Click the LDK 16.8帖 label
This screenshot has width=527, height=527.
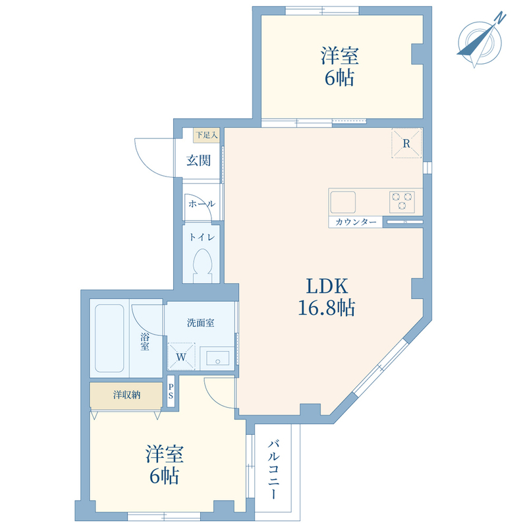(327, 297)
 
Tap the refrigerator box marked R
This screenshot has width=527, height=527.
(406, 143)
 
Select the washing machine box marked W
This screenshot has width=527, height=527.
(181, 356)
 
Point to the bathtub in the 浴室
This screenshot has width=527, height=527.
(109, 338)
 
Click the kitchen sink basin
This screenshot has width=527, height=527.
(343, 202)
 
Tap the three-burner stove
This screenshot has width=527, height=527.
(402, 202)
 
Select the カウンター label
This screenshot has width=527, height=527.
(356, 222)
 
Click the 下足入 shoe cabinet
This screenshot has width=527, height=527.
(206, 135)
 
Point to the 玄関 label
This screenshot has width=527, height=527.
(199, 161)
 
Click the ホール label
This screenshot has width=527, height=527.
(202, 204)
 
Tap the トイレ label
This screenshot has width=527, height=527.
(202, 237)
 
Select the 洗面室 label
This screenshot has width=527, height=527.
(201, 323)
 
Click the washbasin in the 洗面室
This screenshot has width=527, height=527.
(217, 358)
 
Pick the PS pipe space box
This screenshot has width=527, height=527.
(171, 391)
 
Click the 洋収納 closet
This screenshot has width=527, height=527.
(126, 396)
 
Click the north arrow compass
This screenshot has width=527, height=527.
(480, 41)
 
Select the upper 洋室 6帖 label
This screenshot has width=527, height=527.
(339, 67)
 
